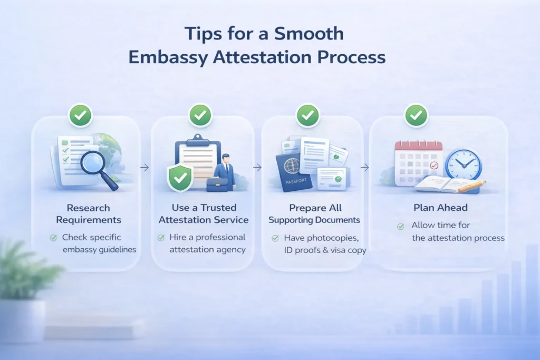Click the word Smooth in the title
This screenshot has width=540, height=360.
coord(309,34)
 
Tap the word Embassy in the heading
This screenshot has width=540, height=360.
coord(168,57)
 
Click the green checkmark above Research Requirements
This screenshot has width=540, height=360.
coord(81,115)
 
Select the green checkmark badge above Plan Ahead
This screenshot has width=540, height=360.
coord(416,115)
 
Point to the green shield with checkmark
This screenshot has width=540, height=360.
coord(179,178)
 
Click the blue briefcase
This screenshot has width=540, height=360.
coord(217,184)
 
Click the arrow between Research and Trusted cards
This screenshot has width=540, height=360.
coord(144,168)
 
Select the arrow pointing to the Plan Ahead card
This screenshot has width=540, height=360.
coord(365,168)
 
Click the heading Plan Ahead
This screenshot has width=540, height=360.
coord(440,208)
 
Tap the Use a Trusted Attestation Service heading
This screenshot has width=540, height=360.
coord(204,213)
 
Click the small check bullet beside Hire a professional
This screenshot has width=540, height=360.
coord(161,238)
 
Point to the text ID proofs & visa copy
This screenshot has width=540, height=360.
coord(325,250)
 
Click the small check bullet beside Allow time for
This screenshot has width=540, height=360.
coord(401,227)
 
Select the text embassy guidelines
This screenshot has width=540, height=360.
coord(99,249)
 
